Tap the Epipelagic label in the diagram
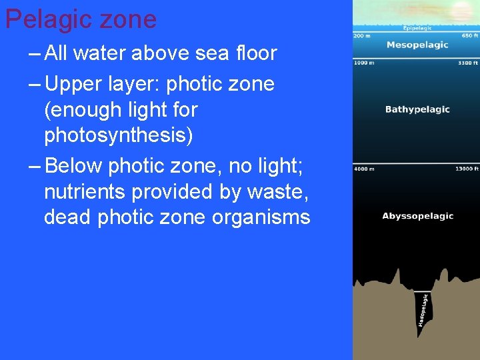point(417,28)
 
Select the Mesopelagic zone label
point(417,45)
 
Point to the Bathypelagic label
point(417,109)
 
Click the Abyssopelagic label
point(417,216)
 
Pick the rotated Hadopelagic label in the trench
point(423,311)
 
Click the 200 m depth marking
point(363,35)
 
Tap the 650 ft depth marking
point(470,35)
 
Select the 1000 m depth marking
point(364,63)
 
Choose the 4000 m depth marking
point(364,169)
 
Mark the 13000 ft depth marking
point(467,169)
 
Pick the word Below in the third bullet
point(73,164)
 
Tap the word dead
point(67,217)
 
